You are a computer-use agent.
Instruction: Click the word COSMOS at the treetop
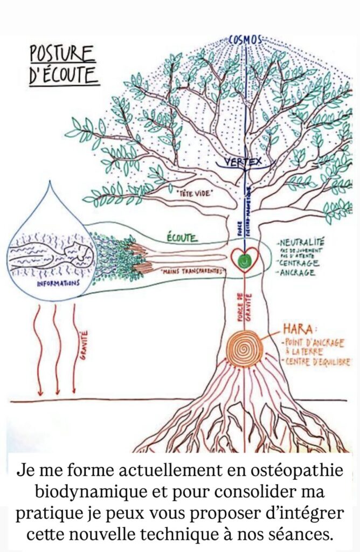point(245,39)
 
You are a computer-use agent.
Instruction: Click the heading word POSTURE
point(62,54)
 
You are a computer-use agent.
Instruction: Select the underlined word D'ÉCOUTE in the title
point(64,76)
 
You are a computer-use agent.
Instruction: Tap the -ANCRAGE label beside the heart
point(300,273)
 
